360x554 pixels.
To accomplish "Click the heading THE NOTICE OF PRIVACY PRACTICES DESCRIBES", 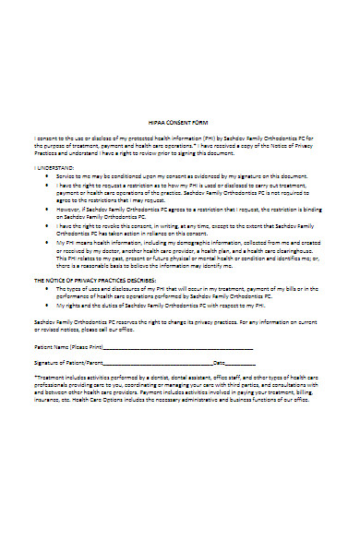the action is coord(96,279).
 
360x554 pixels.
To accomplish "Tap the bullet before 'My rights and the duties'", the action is coord(47,303).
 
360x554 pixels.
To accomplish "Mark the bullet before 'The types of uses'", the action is coord(47,287).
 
